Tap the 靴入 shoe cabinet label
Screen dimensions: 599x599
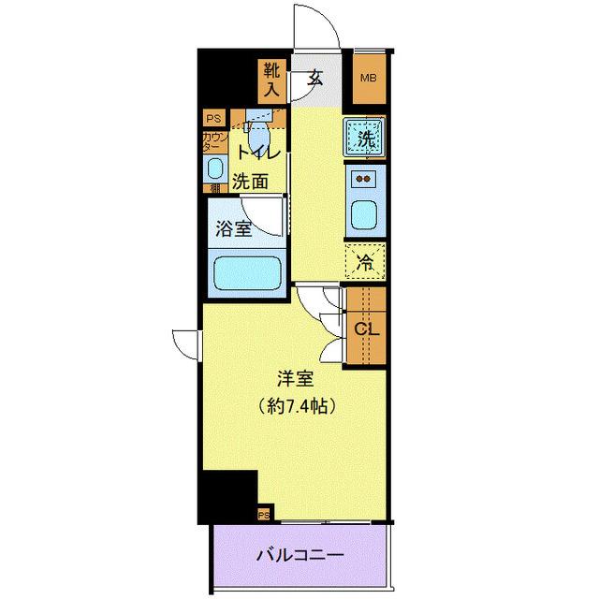(271, 79)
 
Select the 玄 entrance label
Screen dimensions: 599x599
(314, 79)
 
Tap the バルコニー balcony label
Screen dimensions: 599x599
(299, 554)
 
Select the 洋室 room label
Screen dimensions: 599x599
(294, 380)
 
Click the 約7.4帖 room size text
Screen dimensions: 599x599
(295, 407)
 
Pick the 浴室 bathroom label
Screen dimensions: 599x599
(234, 229)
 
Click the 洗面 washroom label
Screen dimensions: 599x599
(250, 182)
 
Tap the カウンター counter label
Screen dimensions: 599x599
(213, 142)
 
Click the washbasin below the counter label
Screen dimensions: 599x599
(215, 170)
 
